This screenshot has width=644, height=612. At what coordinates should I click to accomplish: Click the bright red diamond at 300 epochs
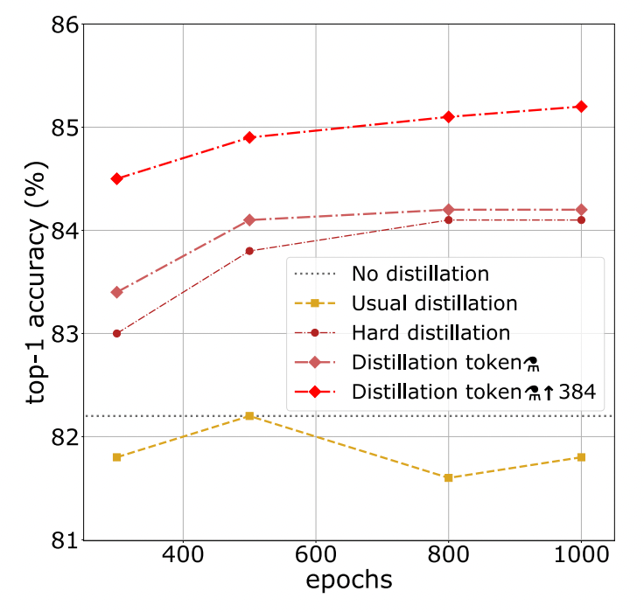[115, 178]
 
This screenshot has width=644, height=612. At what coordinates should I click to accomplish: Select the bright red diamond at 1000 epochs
[581, 107]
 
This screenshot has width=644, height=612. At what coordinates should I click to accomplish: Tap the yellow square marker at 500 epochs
[249, 416]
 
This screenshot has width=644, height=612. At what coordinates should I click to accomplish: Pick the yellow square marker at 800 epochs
[448, 477]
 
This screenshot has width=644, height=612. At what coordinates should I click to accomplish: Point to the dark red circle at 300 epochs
[115, 333]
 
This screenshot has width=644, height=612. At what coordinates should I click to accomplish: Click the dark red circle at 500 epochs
[249, 251]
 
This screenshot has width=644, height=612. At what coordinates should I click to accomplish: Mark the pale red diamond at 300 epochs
[115, 292]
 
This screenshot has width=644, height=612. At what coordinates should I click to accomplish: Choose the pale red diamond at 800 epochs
[448, 210]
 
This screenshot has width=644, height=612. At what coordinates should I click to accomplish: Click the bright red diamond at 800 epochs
[448, 116]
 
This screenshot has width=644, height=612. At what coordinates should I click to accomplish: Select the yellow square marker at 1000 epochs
[581, 457]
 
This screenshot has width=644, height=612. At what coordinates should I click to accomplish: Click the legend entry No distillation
[420, 274]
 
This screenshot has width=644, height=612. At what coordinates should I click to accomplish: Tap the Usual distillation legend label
[434, 303]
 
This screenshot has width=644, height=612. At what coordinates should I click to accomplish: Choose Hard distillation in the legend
[430, 333]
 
